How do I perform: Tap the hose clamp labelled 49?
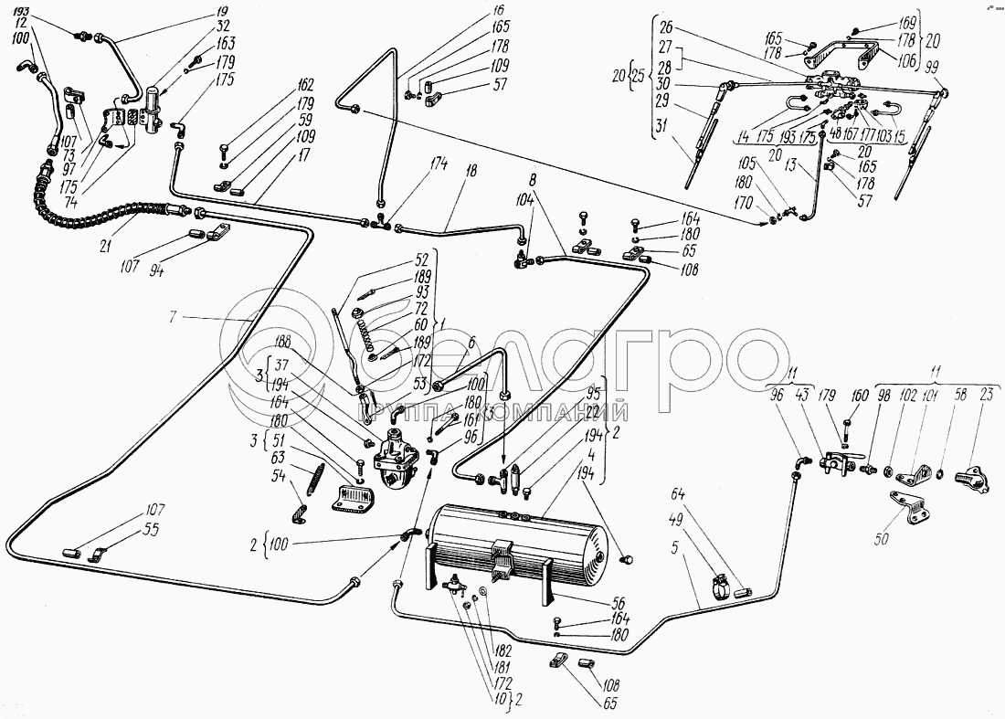pyautogui.click(x=722, y=586)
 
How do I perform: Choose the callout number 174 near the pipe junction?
pyautogui.click(x=441, y=164)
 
